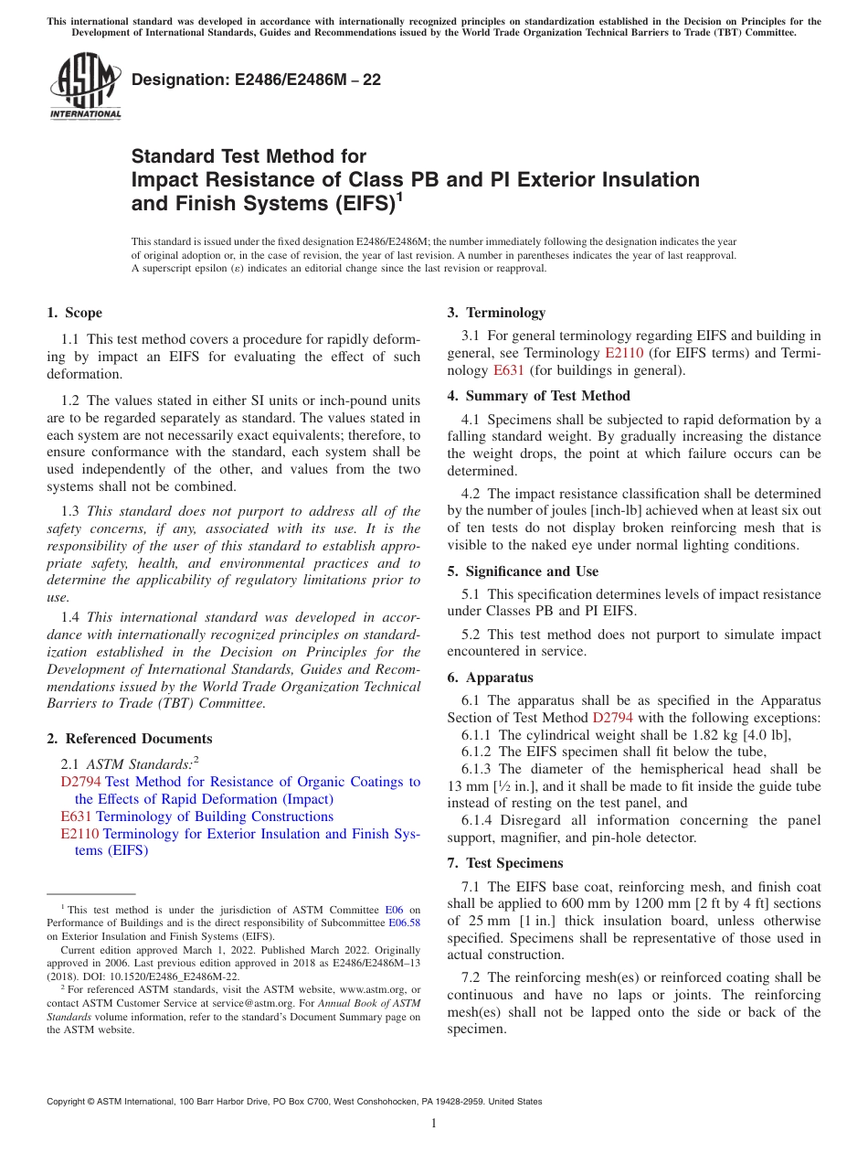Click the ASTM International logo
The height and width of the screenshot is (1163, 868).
pos(85,87)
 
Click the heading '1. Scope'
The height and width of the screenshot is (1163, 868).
pos(75,313)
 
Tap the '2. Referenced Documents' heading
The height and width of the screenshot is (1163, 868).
pos(130,739)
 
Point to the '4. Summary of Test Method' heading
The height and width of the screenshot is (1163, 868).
pos(538,396)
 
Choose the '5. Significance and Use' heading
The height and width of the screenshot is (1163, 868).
pos(523,571)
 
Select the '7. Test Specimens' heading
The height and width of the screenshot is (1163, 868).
pos(505,863)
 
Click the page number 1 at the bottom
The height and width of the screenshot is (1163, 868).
pos(434,1124)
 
